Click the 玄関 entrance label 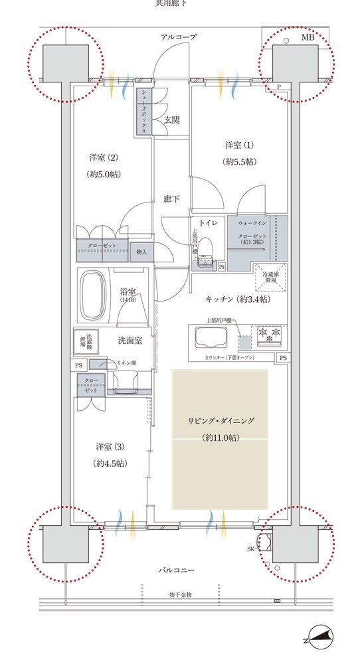click(x=172, y=120)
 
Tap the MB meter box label click(x=308, y=38)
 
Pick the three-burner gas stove click(x=268, y=335)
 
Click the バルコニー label click(x=175, y=570)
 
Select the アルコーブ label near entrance click(x=179, y=38)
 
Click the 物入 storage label click(x=141, y=252)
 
